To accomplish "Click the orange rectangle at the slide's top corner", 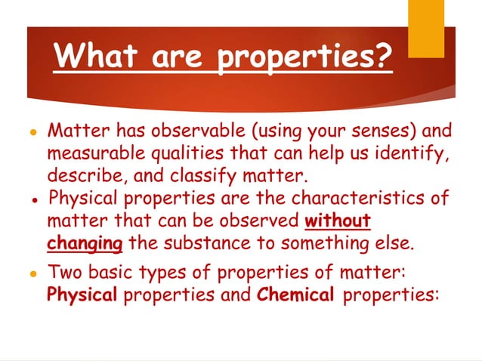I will tap(425, 17).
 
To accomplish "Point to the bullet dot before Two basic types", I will tap(34, 273).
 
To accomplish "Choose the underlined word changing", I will tap(85, 245).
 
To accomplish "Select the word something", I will tap(325, 244).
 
